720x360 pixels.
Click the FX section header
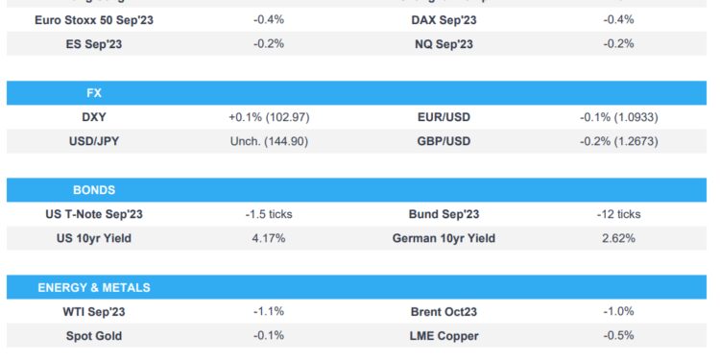click(x=94, y=93)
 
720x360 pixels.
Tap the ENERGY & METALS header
click(x=94, y=287)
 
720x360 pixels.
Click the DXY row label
click(x=94, y=117)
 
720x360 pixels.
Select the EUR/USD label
click(x=444, y=117)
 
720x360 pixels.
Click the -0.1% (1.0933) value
click(x=619, y=117)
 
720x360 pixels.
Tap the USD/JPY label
click(x=94, y=141)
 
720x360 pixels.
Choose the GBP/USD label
click(x=444, y=141)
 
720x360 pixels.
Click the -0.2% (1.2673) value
click(x=619, y=141)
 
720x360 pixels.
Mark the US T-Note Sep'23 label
click(x=94, y=214)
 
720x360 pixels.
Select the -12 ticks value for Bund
click(x=619, y=214)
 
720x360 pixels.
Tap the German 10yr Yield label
click(x=444, y=238)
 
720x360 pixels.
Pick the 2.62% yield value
click(x=619, y=238)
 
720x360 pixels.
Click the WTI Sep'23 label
click(x=94, y=311)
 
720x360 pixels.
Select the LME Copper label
click(x=444, y=335)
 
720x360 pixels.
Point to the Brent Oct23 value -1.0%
click(x=619, y=311)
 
